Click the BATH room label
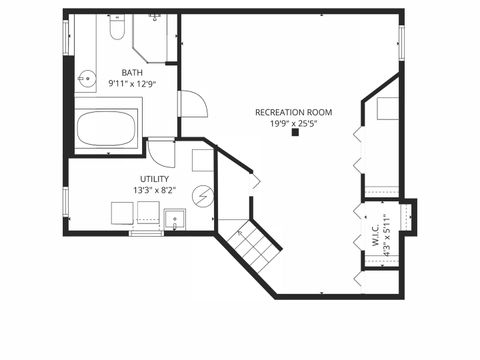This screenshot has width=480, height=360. [x=132, y=72]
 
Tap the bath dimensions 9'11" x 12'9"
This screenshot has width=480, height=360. [x=132, y=84]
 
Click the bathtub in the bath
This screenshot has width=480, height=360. [x=108, y=128]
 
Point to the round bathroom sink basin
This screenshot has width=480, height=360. [x=87, y=75]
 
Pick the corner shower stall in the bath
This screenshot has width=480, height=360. [x=155, y=38]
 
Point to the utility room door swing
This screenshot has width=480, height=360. [x=160, y=153]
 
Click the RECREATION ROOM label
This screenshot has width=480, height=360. [x=293, y=112]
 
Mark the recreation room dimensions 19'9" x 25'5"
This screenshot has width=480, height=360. [x=293, y=124]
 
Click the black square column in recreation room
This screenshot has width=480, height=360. [x=294, y=133]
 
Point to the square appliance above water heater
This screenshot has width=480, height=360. [x=202, y=160]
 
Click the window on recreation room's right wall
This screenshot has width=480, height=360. [x=401, y=42]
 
